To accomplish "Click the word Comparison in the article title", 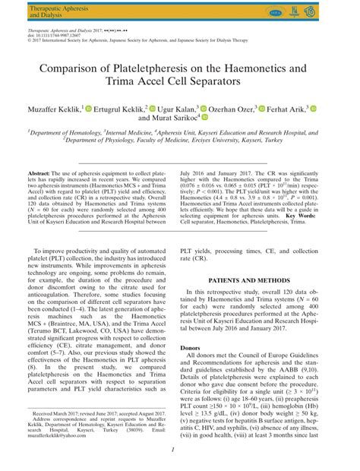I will click(x=70, y=68).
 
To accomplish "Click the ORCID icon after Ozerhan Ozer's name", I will click(x=262, y=109).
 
